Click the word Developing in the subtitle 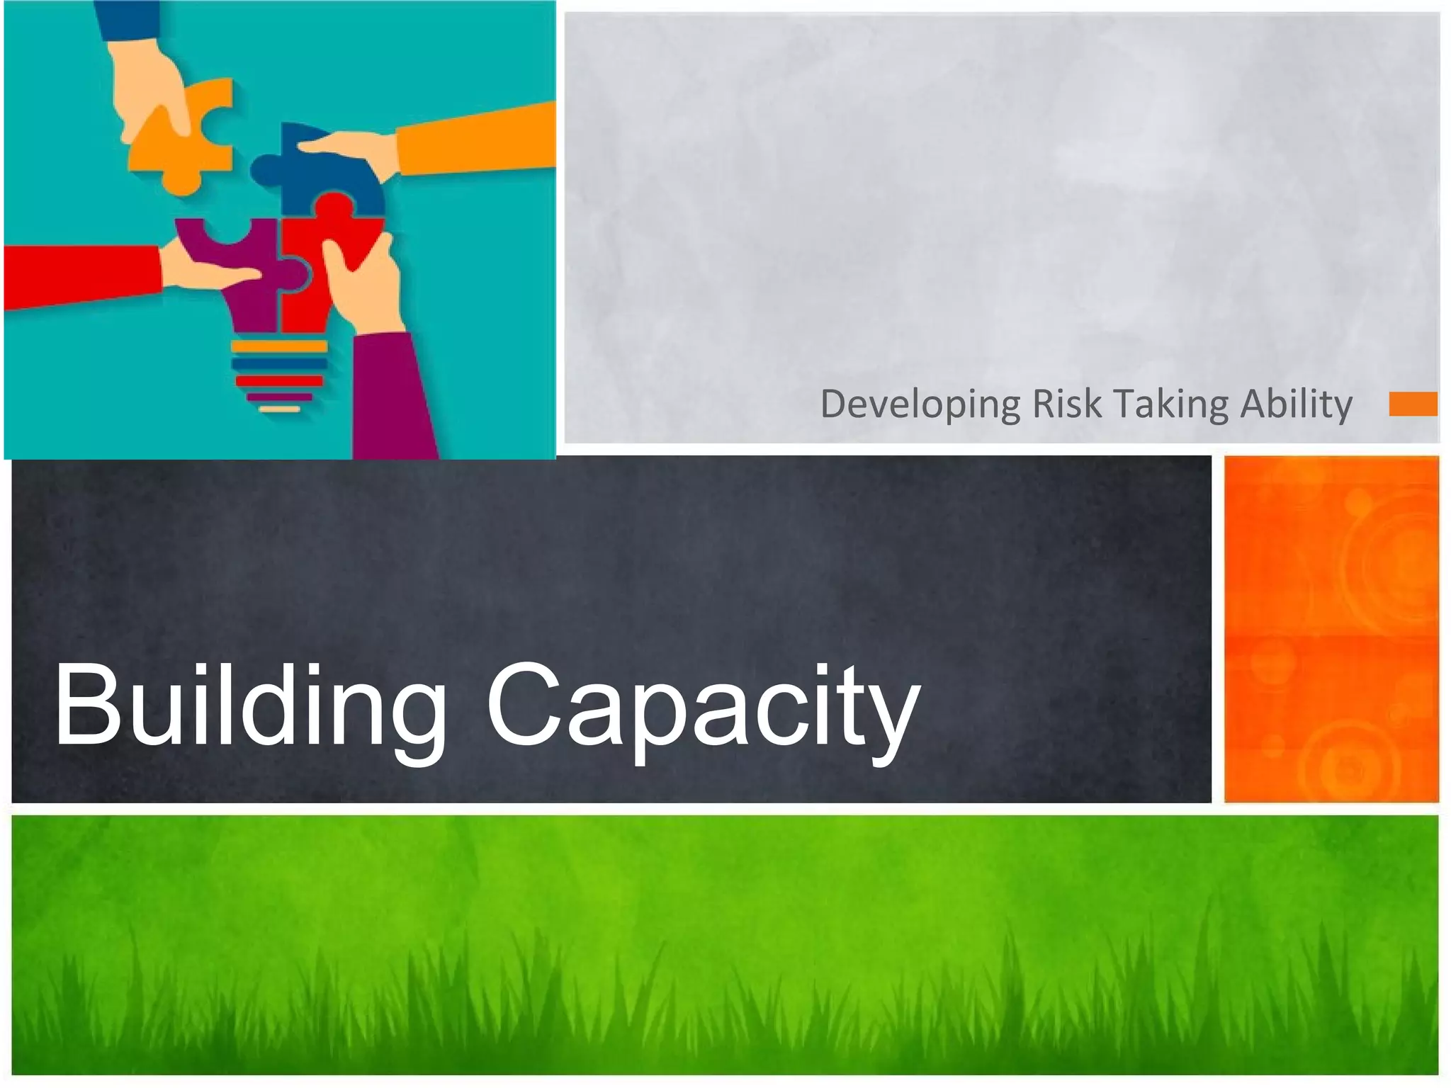coord(920,405)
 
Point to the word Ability coord(1296,405)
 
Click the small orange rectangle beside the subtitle coord(1413,404)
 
